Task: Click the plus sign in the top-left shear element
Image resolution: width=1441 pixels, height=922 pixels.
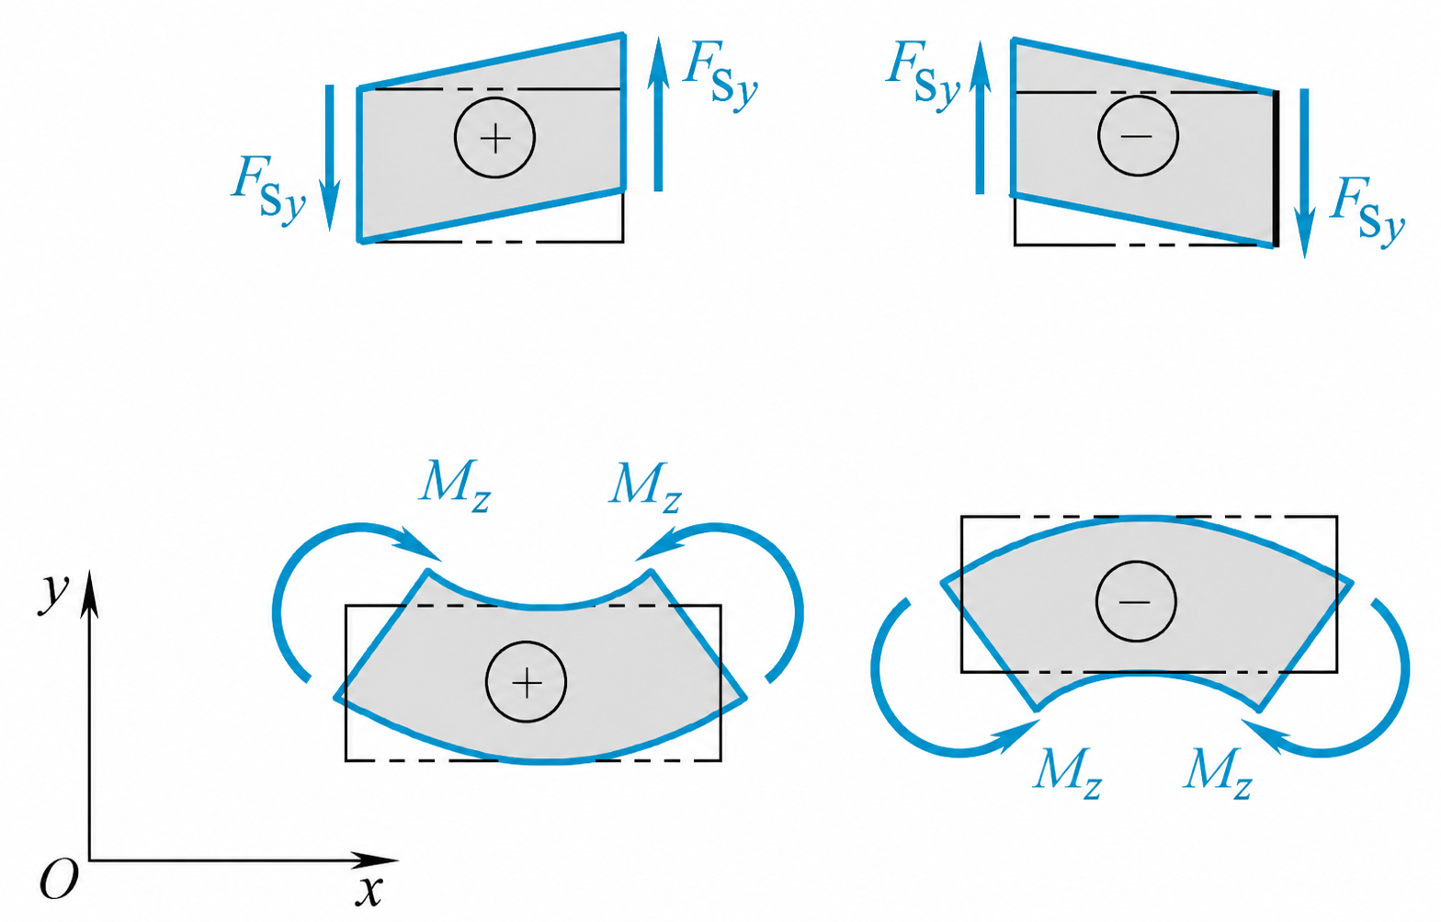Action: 494,138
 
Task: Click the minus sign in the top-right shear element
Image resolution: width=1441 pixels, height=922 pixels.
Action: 1138,136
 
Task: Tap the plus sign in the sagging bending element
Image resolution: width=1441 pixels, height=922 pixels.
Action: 527,682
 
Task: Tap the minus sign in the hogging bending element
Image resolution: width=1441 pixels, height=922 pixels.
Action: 1136,601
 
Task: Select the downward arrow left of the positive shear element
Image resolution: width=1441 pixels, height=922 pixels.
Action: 330,157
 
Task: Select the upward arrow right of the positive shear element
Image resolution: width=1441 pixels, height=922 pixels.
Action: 658,114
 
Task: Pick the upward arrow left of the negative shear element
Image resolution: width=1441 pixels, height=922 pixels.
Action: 980,117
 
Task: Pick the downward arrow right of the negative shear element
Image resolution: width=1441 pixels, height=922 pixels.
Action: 1305,174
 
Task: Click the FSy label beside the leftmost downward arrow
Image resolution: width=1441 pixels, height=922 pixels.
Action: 268,190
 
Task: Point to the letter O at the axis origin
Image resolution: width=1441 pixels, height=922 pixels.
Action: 59,880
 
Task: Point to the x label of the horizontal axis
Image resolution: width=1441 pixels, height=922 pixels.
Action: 369,891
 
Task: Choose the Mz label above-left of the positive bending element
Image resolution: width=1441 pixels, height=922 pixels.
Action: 455,485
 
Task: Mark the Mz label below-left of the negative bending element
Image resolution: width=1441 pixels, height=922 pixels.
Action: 1068,773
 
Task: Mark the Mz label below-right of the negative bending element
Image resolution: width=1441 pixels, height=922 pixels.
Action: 1218,773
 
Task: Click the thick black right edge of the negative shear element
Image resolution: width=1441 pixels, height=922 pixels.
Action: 1276,168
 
